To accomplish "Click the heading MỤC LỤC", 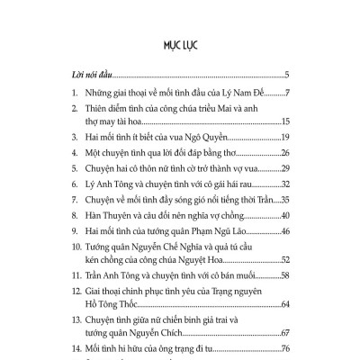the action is point(179,42).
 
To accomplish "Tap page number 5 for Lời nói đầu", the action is point(284,75).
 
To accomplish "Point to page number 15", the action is point(283,122).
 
